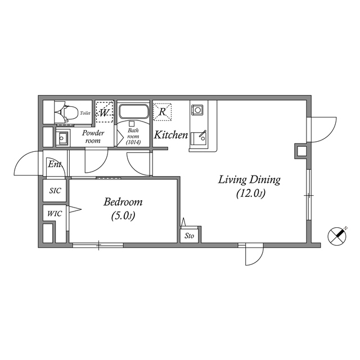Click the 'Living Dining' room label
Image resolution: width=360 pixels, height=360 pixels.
[x=249, y=180]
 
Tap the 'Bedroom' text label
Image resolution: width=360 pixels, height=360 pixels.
[x=123, y=202]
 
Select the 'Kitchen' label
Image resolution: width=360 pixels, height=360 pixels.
[x=171, y=135]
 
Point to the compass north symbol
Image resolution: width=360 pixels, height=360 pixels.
[x=337, y=236]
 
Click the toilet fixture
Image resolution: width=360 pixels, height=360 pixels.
[x=64, y=112]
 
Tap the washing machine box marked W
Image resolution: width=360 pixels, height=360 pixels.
[x=105, y=111]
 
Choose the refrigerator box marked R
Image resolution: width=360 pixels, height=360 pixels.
[x=163, y=111]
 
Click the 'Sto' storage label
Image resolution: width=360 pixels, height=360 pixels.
[x=190, y=236]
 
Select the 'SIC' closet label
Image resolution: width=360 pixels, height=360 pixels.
[x=55, y=191]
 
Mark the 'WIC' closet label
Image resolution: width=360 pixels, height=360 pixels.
[x=55, y=214]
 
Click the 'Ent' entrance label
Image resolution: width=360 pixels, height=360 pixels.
[x=55, y=165]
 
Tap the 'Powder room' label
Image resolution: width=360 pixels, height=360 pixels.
[x=93, y=137]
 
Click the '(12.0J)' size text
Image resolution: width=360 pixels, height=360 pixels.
[x=250, y=194]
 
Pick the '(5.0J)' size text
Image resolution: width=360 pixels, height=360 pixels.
[x=123, y=215]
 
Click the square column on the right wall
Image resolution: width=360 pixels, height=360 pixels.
[x=301, y=151]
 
